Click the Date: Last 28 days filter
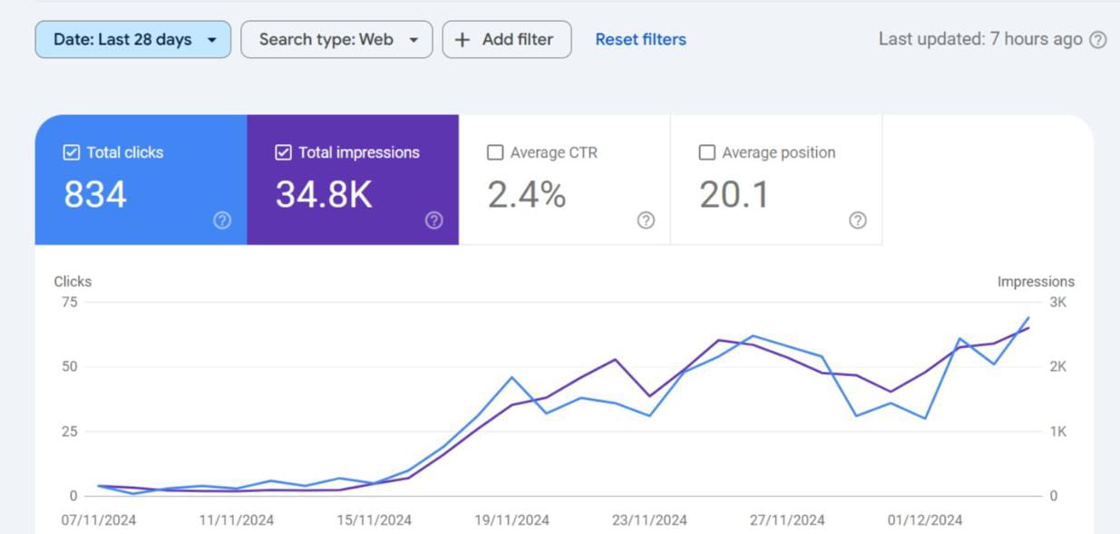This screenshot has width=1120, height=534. point(132,40)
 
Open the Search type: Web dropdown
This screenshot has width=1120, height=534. point(336,40)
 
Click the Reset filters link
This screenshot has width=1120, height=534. point(640,40)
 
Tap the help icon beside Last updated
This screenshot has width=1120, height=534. point(1098,40)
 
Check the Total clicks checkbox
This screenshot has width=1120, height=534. point(72,153)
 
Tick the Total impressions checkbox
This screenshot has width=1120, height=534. point(283,153)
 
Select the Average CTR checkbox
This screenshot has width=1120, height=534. point(495,153)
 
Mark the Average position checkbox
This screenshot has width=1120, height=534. point(707,153)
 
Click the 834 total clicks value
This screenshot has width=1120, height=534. point(95,195)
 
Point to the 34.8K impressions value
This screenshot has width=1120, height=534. point(324,195)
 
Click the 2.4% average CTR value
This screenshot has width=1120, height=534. point(527,195)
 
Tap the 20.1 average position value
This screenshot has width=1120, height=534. point(734,195)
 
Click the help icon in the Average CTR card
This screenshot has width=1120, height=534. point(646,220)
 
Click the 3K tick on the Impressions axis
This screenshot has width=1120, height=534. point(1058,303)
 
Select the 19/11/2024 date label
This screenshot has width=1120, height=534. point(511,520)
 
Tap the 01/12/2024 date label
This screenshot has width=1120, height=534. point(925,520)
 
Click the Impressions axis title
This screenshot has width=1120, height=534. point(1036,282)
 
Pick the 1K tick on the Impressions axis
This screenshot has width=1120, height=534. point(1058,432)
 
